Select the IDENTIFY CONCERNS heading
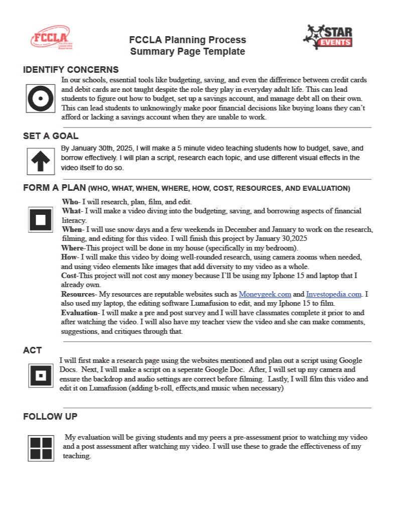[x=71, y=70]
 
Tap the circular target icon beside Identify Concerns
[x=40, y=98]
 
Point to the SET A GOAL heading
[x=51, y=136]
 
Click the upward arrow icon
[x=40, y=161]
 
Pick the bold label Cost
[x=69, y=276]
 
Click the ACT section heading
[x=32, y=350]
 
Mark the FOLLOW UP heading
[x=50, y=417]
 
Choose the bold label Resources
[x=78, y=294]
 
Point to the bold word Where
[x=72, y=248]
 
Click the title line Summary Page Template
[x=187, y=51]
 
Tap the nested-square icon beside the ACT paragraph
[x=41, y=375]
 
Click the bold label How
[x=69, y=258]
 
